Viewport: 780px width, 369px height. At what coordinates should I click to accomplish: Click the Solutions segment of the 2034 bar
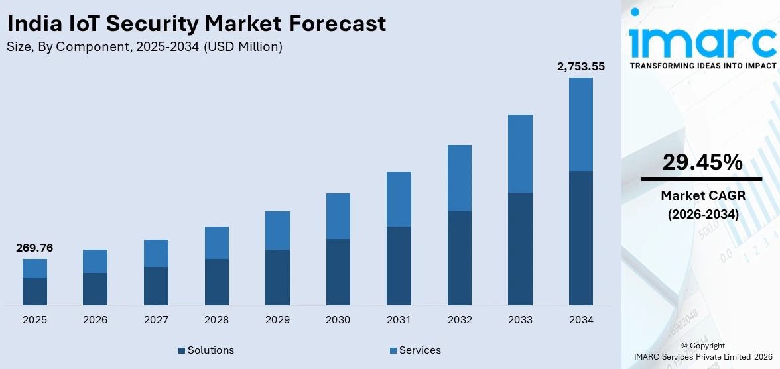tap(580, 238)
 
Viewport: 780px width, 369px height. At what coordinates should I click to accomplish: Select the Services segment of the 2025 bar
tap(34, 268)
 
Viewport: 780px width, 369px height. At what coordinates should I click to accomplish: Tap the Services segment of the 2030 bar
tap(338, 216)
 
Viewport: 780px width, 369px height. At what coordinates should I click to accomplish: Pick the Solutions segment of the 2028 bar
tap(216, 282)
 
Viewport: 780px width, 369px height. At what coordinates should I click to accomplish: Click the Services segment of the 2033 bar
tap(520, 154)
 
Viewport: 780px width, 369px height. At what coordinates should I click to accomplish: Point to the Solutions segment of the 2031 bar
tap(399, 266)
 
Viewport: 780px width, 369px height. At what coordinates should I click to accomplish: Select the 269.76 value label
tap(34, 248)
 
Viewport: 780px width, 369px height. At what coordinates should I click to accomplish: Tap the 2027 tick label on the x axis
tap(156, 320)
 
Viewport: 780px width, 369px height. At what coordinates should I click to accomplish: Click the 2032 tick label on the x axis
tap(460, 320)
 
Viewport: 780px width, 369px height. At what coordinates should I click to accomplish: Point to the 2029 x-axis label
tap(277, 320)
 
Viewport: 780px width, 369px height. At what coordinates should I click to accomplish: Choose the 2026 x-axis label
tap(96, 320)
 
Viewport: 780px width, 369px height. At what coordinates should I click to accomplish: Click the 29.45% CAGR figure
tap(702, 162)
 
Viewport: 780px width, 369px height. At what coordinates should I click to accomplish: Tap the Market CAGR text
tap(702, 195)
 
